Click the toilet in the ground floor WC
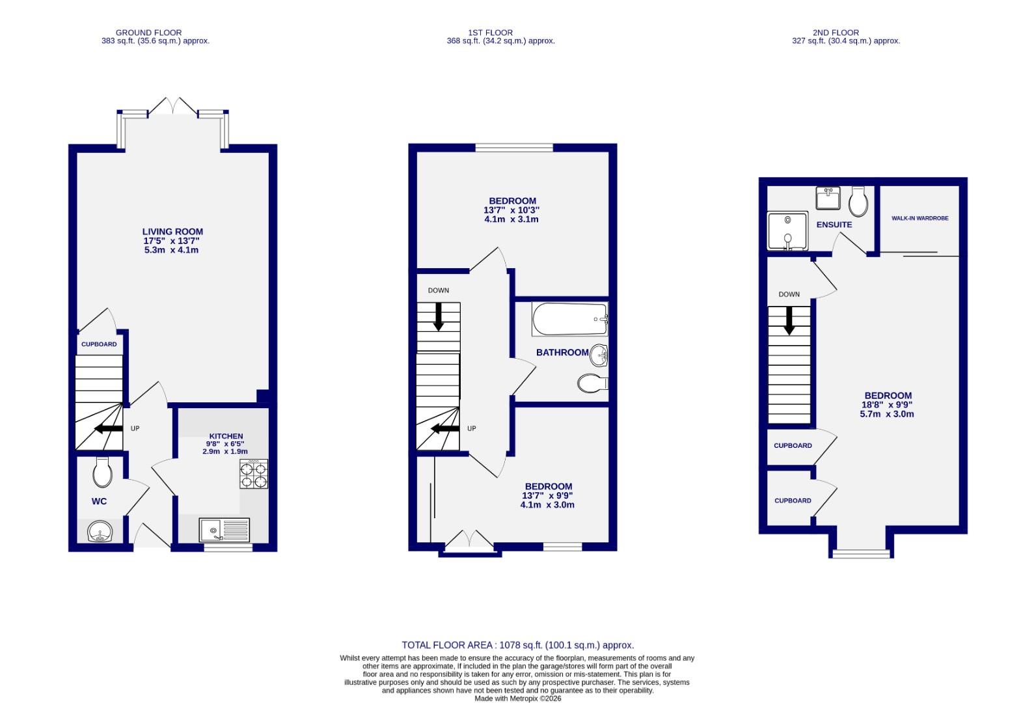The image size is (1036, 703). pyautogui.click(x=102, y=473)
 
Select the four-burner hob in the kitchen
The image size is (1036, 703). pyautogui.click(x=254, y=474)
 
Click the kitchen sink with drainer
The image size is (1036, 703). pyautogui.click(x=224, y=530)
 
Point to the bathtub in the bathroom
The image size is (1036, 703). pyautogui.click(x=569, y=319)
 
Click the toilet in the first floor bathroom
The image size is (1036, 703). pyautogui.click(x=592, y=383)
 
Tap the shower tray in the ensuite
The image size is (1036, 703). pyautogui.click(x=787, y=230)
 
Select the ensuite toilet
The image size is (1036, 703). pyautogui.click(x=858, y=202)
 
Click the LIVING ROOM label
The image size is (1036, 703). pyautogui.click(x=172, y=232)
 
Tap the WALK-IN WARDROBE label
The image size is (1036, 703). pyautogui.click(x=920, y=218)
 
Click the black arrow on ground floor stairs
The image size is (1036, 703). pyautogui.click(x=108, y=428)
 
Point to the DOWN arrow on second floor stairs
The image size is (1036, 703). pyautogui.click(x=789, y=320)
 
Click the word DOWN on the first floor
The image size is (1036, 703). pyautogui.click(x=438, y=290)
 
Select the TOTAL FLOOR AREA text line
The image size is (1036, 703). pyautogui.click(x=517, y=645)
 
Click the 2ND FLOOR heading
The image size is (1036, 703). pyautogui.click(x=836, y=33)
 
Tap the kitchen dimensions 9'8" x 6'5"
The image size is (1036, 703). pyautogui.click(x=225, y=444)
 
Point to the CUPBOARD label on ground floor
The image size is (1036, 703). pyautogui.click(x=99, y=344)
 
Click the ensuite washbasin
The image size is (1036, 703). pyautogui.click(x=828, y=199)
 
